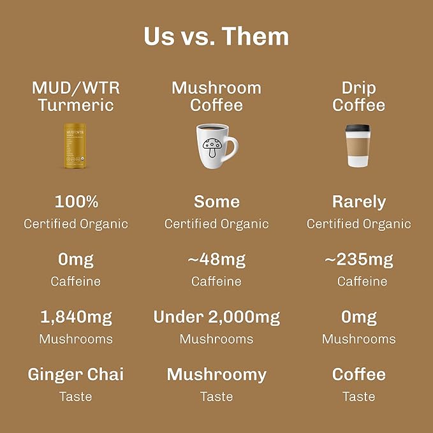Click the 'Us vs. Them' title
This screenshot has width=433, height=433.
pos(216,36)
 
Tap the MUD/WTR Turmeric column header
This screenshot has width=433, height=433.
pos(76,96)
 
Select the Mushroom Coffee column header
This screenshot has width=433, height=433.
pos(217,96)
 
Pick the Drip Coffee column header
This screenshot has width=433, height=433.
pos(359,96)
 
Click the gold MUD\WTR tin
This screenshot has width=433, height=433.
pos(75,145)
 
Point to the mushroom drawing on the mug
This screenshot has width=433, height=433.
pos(212,147)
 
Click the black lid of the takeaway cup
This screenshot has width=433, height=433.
pos(358,129)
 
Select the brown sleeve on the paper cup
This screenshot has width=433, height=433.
pos(358,147)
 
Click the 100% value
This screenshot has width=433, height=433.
pos(77,202)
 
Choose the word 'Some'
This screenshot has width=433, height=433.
pos(217,202)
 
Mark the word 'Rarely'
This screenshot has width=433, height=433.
pos(359,202)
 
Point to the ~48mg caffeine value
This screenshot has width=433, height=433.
pos(217,260)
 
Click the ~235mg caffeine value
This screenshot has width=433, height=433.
pos(359,260)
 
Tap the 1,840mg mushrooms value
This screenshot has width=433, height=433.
pos(77,318)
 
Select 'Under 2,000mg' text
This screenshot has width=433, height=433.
pos(217,318)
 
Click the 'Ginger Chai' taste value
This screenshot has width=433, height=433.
pos(76,375)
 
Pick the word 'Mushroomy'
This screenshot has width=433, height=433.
pos(217,376)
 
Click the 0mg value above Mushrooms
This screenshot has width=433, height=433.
pos(359,318)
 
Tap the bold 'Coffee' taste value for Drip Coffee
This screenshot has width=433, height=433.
pos(359,374)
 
